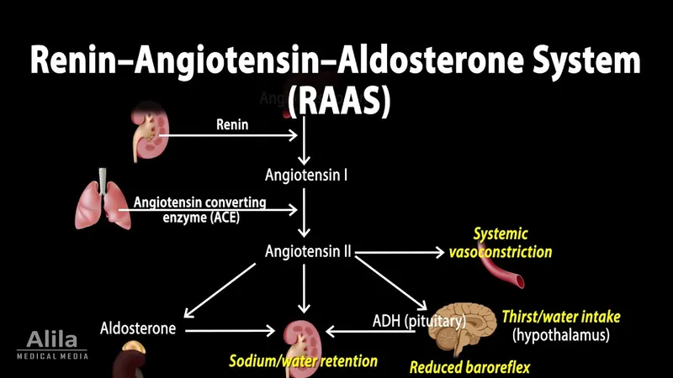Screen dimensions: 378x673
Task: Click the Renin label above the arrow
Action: point(233,125)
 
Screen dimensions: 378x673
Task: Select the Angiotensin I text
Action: point(306,176)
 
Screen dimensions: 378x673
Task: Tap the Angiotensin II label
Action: point(307,251)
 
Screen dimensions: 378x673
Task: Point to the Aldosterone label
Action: point(138,328)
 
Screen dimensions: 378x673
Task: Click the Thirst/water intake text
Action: point(561,317)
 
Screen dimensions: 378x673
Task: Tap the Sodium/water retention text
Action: point(304,361)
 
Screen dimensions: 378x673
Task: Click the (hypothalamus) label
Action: point(561,335)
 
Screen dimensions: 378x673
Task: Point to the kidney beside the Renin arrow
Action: point(146,133)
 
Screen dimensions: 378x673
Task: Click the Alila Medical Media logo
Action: point(52,344)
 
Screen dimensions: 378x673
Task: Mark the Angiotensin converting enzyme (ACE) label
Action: point(199,209)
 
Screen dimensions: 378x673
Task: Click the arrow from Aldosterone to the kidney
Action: point(231,330)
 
